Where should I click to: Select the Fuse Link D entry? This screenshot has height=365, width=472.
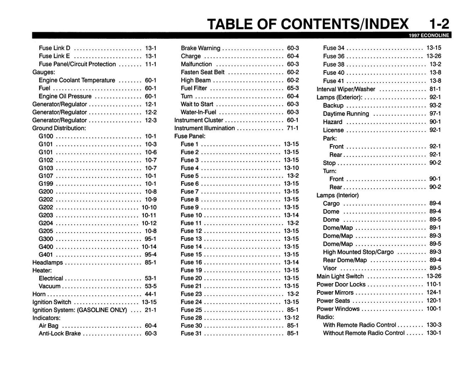(x=54, y=48)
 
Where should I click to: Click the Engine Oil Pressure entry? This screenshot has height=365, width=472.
(x=65, y=96)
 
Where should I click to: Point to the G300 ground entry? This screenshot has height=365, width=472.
(x=46, y=239)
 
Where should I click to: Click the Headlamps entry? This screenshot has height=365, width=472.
(x=47, y=262)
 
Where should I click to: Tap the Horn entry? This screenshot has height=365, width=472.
(x=39, y=294)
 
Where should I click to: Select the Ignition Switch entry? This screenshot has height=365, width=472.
(x=52, y=302)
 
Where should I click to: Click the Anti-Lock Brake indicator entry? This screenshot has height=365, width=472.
(x=59, y=334)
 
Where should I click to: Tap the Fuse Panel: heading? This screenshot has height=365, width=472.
(x=189, y=136)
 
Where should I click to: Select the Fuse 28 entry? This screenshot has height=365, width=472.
(x=191, y=317)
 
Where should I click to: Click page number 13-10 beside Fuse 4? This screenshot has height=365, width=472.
(x=291, y=168)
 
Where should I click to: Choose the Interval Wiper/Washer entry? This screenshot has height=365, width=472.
(x=346, y=89)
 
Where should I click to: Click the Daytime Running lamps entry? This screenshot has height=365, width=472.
(x=346, y=114)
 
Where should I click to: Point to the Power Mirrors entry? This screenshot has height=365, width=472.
(x=335, y=293)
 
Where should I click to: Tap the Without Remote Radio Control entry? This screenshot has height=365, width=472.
(x=364, y=333)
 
